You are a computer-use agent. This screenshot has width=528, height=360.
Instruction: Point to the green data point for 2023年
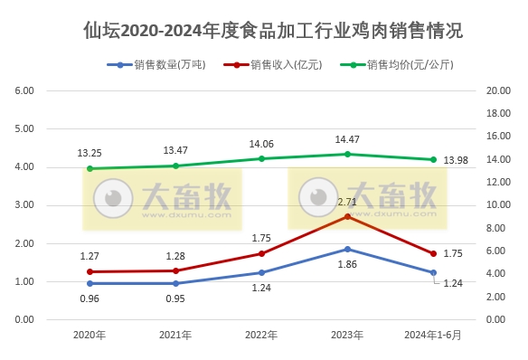coord(347,154)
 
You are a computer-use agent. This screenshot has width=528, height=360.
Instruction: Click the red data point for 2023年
coord(347,216)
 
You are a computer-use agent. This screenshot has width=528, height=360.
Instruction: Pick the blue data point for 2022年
coord(261,272)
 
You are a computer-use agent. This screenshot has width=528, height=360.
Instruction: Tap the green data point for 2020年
coord(90,168)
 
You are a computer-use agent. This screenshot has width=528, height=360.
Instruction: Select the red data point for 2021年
coord(175,270)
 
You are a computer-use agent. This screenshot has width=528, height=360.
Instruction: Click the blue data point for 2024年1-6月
coord(433,272)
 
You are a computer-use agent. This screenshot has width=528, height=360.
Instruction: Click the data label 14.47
coord(347,139)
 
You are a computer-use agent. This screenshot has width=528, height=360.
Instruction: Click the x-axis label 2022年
coord(261,335)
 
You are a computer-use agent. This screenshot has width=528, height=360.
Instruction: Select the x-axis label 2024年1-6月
coord(433,335)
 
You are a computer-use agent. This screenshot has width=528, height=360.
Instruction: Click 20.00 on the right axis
coord(498,91)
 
